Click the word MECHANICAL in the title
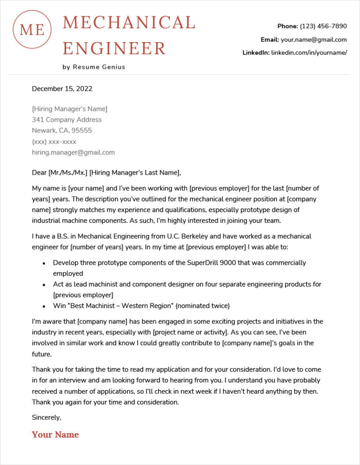[x=129, y=22]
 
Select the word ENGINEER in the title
[x=114, y=48]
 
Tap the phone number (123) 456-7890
[x=323, y=26]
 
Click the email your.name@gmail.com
[x=314, y=40]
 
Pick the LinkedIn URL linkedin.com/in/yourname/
[x=309, y=53]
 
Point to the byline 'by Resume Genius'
[x=94, y=67]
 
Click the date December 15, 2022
[x=62, y=89]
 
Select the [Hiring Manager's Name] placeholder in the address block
[x=69, y=109]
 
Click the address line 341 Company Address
[x=67, y=120]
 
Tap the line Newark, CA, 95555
[x=62, y=131]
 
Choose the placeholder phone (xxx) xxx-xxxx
[x=54, y=141]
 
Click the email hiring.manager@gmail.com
[x=73, y=152]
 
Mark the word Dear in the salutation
[x=39, y=173]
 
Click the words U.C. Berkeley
[x=180, y=236]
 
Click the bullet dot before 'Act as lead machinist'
[x=44, y=285]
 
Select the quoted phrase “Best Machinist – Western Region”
[x=121, y=306]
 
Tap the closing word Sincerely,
[x=46, y=417]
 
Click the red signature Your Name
[x=55, y=435]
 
